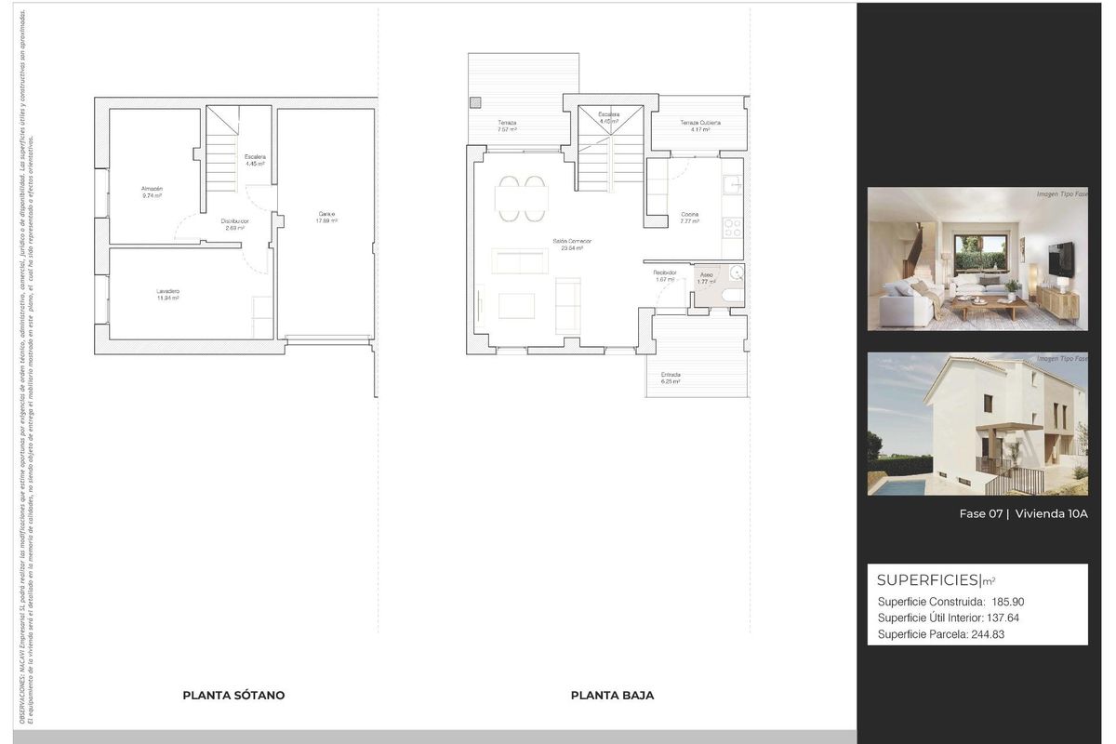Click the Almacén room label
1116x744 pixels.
point(152,189)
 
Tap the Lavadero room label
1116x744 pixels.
point(167,291)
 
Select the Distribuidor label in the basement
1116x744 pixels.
point(234,221)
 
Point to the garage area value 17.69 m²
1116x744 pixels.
point(326,221)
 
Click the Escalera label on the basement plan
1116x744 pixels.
point(255,157)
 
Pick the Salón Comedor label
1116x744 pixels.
point(572,242)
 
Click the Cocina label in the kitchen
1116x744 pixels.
point(689,215)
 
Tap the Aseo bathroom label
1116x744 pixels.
point(707,274)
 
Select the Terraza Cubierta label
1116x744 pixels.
point(699,123)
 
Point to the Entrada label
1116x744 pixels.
point(671,375)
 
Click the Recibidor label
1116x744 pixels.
point(664,272)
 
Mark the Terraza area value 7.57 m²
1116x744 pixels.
point(507,130)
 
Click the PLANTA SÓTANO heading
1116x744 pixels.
point(233,695)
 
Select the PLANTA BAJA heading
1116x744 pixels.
point(612,695)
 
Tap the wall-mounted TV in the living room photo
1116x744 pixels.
point(1060,259)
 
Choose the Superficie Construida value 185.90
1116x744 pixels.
point(1007,602)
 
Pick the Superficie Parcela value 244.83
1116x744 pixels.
point(988,634)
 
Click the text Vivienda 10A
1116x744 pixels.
point(1051,513)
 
